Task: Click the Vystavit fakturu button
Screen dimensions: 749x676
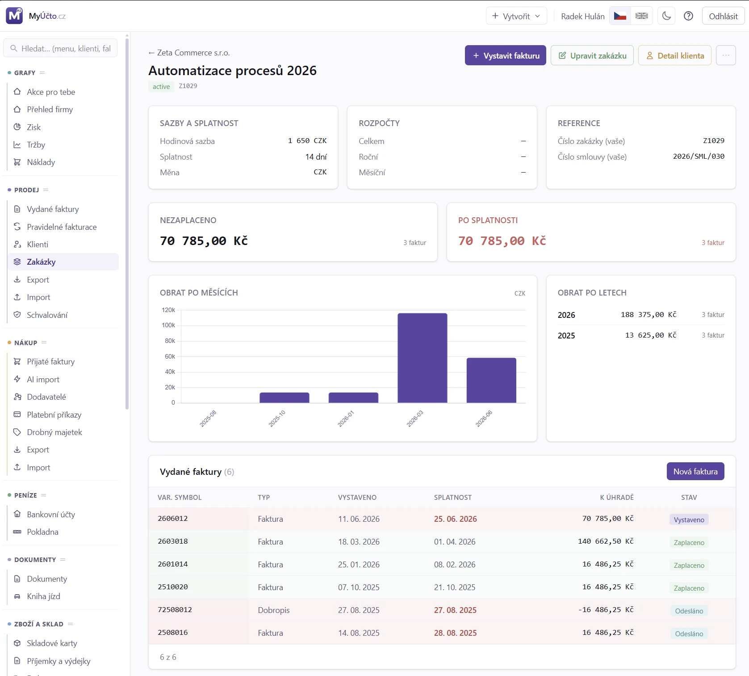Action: [x=505, y=55]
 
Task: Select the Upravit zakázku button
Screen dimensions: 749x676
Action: [x=592, y=55]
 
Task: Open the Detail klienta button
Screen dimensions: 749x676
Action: [x=674, y=55]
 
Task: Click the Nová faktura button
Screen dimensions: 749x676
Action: [x=695, y=471]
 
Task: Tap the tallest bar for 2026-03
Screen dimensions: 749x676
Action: [x=422, y=358]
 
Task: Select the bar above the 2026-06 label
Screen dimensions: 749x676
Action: [x=491, y=380]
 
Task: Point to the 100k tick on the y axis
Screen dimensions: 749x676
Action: [x=168, y=325]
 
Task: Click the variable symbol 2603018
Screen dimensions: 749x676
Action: [x=173, y=541]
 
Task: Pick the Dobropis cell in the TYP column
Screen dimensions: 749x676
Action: [x=274, y=610]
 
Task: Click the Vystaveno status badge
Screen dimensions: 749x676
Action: [x=689, y=520]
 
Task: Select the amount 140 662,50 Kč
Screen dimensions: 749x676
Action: [x=606, y=541]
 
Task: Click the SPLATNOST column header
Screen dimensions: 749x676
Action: [x=453, y=497]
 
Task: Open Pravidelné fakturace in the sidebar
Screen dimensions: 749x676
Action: [x=62, y=227]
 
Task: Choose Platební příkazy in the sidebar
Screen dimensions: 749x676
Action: [x=54, y=414]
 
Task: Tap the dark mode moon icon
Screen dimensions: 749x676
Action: [x=666, y=16]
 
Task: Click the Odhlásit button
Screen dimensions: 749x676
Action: [x=723, y=16]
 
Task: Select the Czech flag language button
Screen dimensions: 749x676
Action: [x=620, y=16]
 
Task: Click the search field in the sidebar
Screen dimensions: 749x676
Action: [x=60, y=48]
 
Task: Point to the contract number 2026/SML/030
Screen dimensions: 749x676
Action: [x=699, y=156]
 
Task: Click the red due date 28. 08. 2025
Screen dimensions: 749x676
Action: [x=455, y=633]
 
